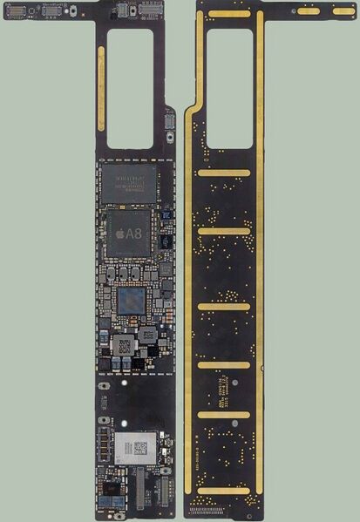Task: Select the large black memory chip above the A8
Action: click(129, 185)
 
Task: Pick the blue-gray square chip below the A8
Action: click(132, 302)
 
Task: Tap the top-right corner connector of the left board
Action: click(167, 10)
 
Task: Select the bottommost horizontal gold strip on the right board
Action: click(224, 491)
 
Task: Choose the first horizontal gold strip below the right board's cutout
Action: click(224, 173)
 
